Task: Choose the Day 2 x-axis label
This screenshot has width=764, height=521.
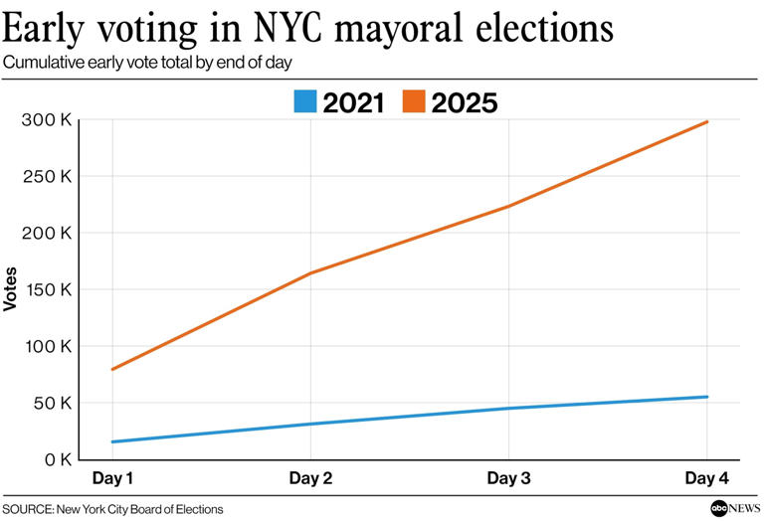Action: click(x=310, y=479)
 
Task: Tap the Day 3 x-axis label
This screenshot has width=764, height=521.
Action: click(x=508, y=479)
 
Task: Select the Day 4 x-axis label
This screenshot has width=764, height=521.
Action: click(x=706, y=479)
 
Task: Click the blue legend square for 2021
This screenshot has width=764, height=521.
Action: click(x=304, y=101)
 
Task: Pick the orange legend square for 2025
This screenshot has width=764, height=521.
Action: click(x=413, y=101)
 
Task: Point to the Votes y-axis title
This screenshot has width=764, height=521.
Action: click(x=11, y=289)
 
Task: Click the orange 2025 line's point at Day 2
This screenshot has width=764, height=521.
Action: click(x=310, y=273)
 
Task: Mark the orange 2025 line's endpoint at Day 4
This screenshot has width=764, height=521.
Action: click(x=706, y=122)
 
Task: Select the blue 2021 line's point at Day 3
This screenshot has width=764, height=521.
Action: click(x=508, y=409)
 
